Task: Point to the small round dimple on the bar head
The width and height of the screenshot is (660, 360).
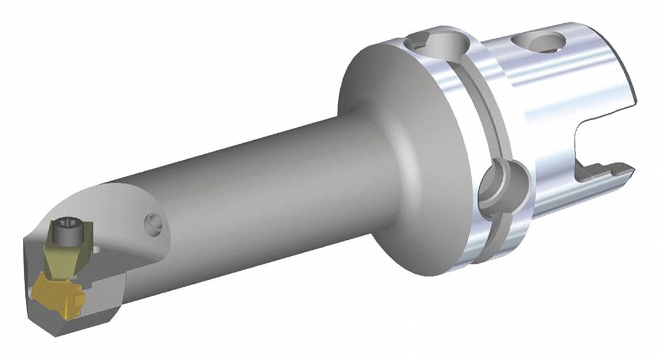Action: coord(153,221)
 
